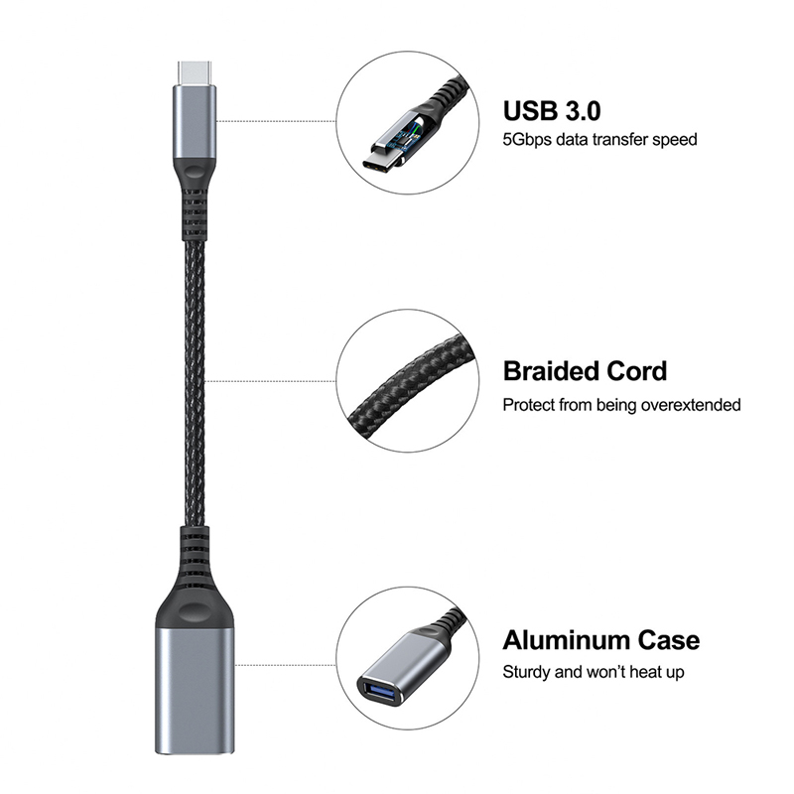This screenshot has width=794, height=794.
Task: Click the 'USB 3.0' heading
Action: [552, 111]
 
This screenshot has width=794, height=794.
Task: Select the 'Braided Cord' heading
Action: [585, 371]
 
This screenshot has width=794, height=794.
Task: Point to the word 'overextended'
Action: [691, 405]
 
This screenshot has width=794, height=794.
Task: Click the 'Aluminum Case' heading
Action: [601, 640]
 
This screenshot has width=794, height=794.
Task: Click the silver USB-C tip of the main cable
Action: [195, 72]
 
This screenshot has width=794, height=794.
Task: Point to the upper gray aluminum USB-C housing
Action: [195, 121]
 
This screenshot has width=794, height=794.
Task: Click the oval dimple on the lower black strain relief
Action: [195, 611]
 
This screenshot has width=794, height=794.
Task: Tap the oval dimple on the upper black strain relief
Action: [195, 169]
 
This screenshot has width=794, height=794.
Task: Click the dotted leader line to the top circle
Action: [276, 121]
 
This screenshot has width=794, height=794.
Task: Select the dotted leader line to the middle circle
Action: [270, 381]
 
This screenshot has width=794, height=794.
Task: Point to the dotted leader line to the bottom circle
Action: [285, 665]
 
